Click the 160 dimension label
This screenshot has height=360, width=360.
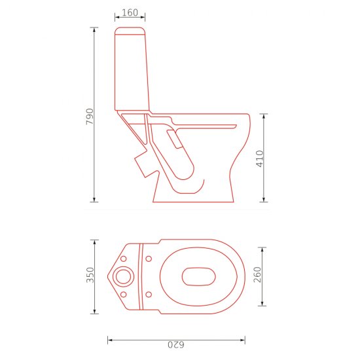tap(130, 12)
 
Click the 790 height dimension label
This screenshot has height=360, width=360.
tap(90, 117)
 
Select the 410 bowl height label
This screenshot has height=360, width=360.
tap(260, 158)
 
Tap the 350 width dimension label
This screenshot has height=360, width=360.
tap(90, 275)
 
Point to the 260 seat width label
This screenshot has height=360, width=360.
tap(257, 275)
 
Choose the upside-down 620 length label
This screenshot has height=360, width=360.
tap(176, 345)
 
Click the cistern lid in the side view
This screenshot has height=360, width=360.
tap(130, 31)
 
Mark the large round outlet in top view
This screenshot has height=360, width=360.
tap(123, 277)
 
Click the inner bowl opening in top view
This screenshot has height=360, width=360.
tap(198, 277)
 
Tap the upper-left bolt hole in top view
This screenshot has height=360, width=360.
tap(123, 259)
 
